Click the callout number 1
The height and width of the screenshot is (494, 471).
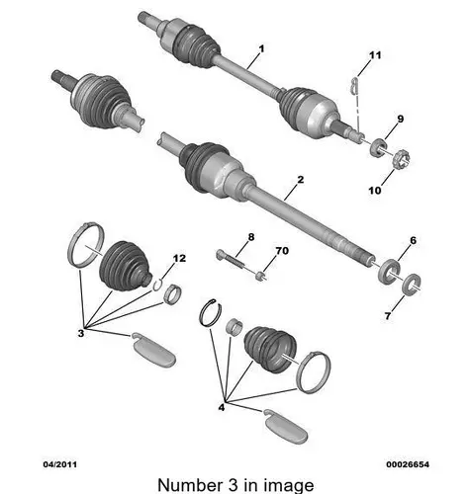click(x=261, y=49)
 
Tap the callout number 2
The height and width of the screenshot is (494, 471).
click(x=300, y=180)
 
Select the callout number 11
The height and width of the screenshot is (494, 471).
click(x=375, y=55)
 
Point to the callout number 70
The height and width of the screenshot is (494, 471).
click(x=282, y=251)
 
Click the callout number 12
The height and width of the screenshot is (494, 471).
click(x=179, y=258)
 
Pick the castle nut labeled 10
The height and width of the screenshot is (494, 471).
click(x=402, y=159)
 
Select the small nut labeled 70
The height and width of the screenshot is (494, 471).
click(x=261, y=276)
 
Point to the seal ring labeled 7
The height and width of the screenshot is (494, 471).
click(x=412, y=285)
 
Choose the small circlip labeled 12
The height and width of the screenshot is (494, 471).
click(x=157, y=286)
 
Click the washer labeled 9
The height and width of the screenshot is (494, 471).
click(x=379, y=148)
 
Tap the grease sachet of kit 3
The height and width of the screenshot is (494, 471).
click(x=153, y=351)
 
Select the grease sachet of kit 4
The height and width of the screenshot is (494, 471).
click(x=286, y=427)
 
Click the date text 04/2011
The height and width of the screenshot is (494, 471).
click(x=60, y=464)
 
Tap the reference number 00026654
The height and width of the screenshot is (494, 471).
click(x=408, y=464)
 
